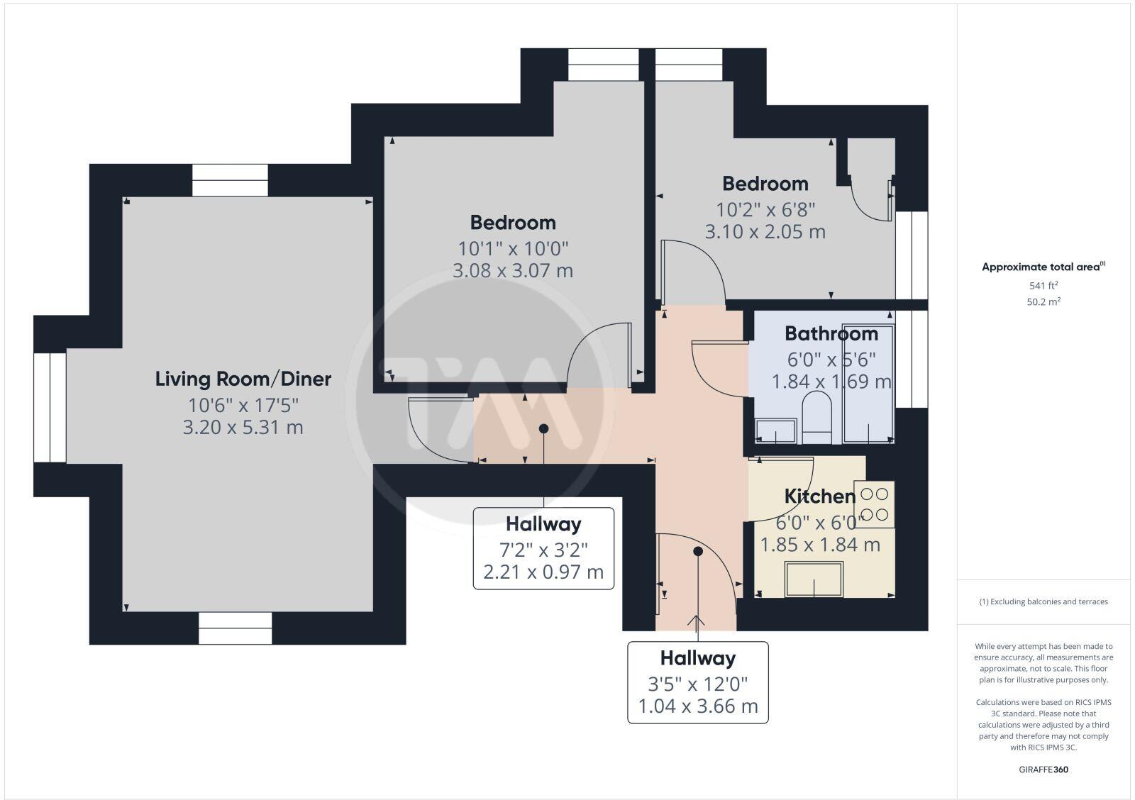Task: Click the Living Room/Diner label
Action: [x=243, y=379]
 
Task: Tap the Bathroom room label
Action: [x=831, y=333]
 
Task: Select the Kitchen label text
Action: [x=819, y=496]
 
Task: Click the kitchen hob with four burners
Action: [x=874, y=504]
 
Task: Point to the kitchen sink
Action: [x=814, y=579]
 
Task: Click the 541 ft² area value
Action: [x=1043, y=286]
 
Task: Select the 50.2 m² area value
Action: [x=1044, y=301]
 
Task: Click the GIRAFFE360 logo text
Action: [x=1043, y=770]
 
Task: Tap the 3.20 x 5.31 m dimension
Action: [x=243, y=428]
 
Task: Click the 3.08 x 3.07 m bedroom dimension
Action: [x=513, y=270]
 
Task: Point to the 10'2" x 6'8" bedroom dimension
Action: [x=765, y=210]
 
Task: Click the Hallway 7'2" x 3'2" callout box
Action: [x=543, y=548]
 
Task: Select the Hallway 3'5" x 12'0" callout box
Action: [x=698, y=682]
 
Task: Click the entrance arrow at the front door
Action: [x=697, y=622]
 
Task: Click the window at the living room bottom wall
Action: [x=235, y=628]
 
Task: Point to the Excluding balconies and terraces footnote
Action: [x=1043, y=601]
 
